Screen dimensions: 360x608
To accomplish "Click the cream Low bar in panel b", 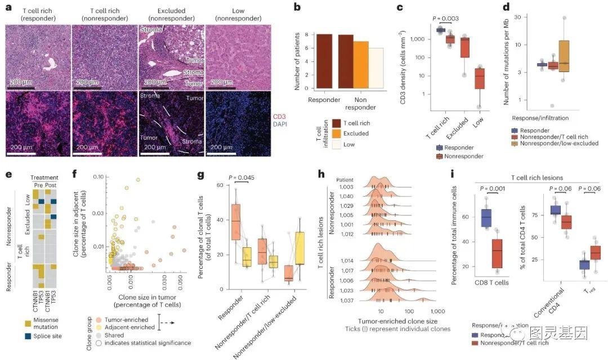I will tap(376, 68).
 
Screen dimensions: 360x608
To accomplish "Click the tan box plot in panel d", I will tap(564, 56).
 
